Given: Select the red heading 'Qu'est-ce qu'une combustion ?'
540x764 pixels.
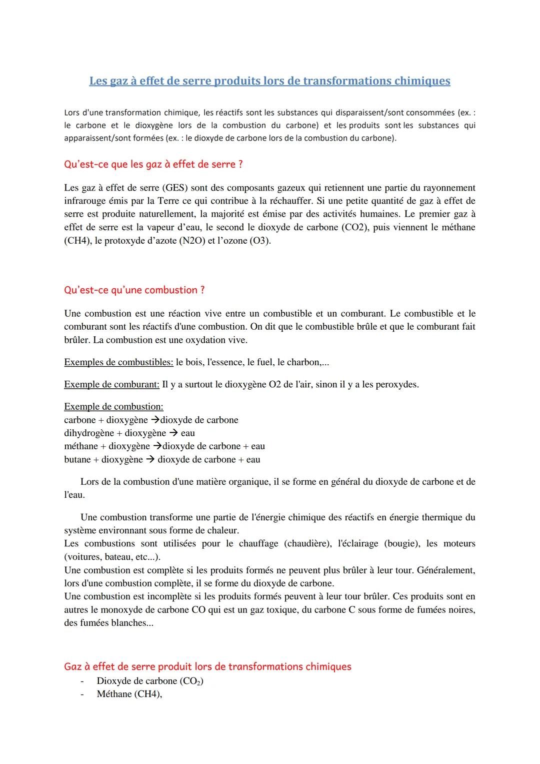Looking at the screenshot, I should pyautogui.click(x=134, y=290).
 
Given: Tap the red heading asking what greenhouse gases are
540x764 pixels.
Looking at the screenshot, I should pyautogui.click(x=153, y=164).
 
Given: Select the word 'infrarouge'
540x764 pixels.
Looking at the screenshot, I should pyautogui.click(x=85, y=201).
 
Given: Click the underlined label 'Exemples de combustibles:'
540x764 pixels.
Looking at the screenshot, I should pyautogui.click(x=118, y=362).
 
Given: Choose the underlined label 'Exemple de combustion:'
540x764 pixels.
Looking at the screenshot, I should pyautogui.click(x=113, y=407).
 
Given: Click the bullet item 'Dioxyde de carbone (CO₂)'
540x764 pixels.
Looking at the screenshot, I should pyautogui.click(x=150, y=681).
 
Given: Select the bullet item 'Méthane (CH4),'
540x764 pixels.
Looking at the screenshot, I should pyautogui.click(x=129, y=694).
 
